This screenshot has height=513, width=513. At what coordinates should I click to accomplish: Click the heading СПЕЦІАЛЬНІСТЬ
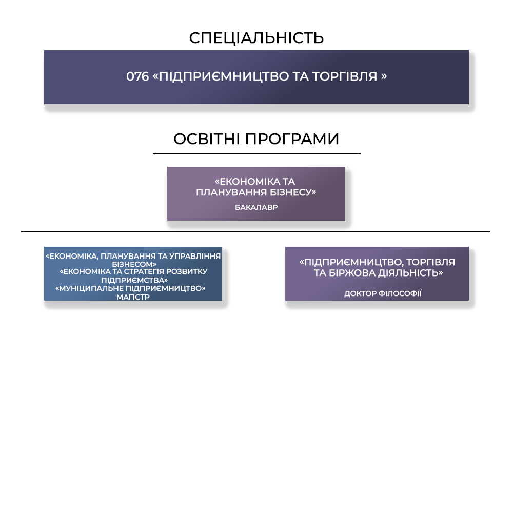click(x=256, y=38)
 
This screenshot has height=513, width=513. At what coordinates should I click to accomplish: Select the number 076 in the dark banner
click(x=137, y=76)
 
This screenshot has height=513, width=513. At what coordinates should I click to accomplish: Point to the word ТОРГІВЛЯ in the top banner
click(x=345, y=76)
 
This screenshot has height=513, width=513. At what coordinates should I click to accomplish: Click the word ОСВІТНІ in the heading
click(x=207, y=139)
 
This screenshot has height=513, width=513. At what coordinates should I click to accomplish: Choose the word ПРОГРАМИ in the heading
click(x=292, y=139)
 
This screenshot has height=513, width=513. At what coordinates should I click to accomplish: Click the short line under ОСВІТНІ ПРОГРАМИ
click(x=256, y=153)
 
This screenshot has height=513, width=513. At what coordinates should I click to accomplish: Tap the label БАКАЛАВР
click(x=256, y=207)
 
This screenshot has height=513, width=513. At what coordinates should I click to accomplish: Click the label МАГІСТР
click(x=133, y=297)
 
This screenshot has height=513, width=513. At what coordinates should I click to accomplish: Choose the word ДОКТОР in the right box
click(x=360, y=293)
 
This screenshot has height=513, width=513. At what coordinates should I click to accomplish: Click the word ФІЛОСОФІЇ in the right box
click(x=400, y=293)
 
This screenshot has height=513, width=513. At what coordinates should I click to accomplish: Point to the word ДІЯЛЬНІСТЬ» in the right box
click(x=410, y=273)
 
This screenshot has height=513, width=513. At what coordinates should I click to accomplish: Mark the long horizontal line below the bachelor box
click(x=255, y=231)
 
